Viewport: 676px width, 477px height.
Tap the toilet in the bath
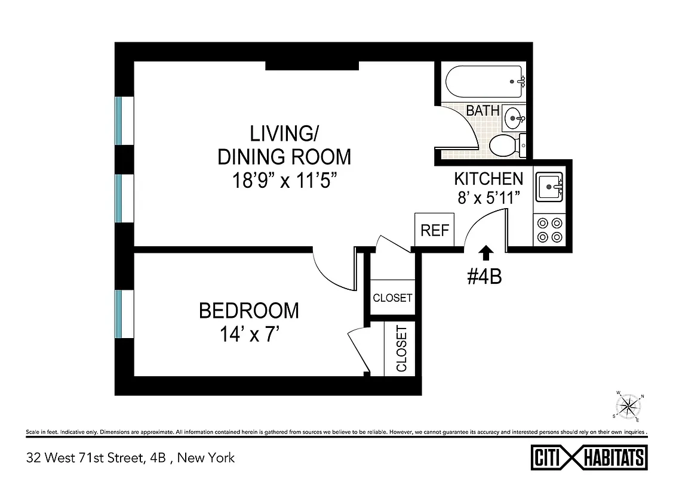click(503, 145)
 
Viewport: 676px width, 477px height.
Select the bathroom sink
click(513, 117)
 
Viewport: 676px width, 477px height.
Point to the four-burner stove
click(549, 230)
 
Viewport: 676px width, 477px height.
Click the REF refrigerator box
click(434, 230)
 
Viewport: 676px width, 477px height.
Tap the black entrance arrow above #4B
click(486, 253)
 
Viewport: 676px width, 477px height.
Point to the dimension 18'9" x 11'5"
click(284, 180)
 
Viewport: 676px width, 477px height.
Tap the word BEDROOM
click(249, 311)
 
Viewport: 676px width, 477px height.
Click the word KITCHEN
click(488, 178)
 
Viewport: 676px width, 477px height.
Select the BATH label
click(483, 110)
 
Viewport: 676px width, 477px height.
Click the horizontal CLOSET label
click(392, 298)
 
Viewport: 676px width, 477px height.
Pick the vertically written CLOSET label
click(401, 349)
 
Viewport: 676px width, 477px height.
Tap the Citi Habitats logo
click(589, 457)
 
